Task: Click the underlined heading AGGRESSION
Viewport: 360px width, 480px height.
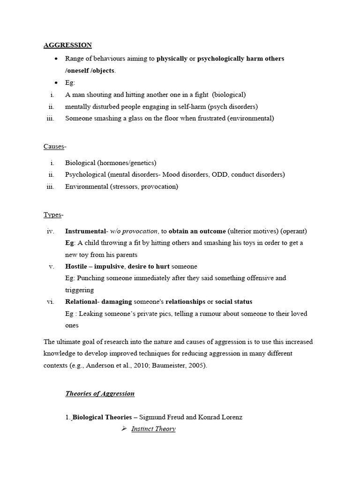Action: (67, 45)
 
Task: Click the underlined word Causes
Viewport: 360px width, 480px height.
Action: (53, 147)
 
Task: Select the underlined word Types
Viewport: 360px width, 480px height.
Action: (52, 215)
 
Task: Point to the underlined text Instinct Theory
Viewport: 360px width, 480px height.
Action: (153, 429)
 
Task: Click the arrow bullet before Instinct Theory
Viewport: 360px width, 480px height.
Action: (124, 428)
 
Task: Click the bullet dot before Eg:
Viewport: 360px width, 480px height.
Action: (56, 83)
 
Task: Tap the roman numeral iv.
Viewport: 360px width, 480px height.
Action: (51, 231)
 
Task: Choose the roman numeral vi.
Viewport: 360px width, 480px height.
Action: (51, 301)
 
